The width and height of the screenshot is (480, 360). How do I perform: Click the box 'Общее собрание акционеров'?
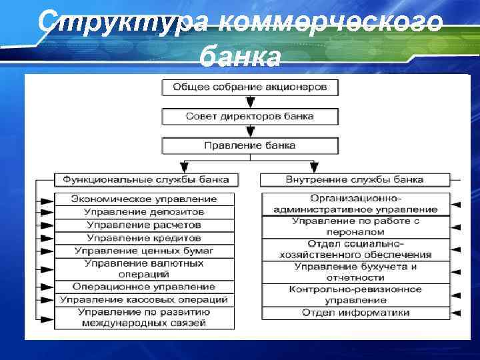tap(249, 87)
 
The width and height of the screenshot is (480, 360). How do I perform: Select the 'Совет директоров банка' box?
tap(249, 117)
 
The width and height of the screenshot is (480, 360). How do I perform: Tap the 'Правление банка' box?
tap(249, 145)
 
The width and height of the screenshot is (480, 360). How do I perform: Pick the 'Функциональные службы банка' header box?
tap(145, 179)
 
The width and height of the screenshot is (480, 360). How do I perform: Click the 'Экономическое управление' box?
tap(144, 199)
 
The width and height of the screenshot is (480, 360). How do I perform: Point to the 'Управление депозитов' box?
tap(144, 212)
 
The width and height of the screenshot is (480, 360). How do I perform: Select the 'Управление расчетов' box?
tap(144, 225)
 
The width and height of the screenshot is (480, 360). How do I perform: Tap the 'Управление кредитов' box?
tap(144, 237)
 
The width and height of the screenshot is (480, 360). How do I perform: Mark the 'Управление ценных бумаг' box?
tap(144, 251)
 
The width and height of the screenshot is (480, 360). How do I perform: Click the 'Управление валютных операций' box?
tap(144, 269)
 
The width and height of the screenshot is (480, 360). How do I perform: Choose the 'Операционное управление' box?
tap(144, 287)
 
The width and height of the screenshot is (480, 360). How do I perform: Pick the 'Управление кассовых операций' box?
tap(144, 299)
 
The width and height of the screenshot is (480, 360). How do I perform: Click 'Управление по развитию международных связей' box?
tap(144, 317)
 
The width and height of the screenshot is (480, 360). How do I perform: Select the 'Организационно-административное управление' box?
tap(355, 204)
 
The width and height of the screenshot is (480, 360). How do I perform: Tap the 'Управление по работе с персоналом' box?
tap(355, 226)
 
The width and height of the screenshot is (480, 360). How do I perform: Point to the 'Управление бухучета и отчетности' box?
tap(355, 272)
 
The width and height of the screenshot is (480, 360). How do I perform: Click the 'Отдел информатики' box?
tap(355, 312)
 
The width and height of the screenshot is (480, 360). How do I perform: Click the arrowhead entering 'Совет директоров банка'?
tap(249, 103)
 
